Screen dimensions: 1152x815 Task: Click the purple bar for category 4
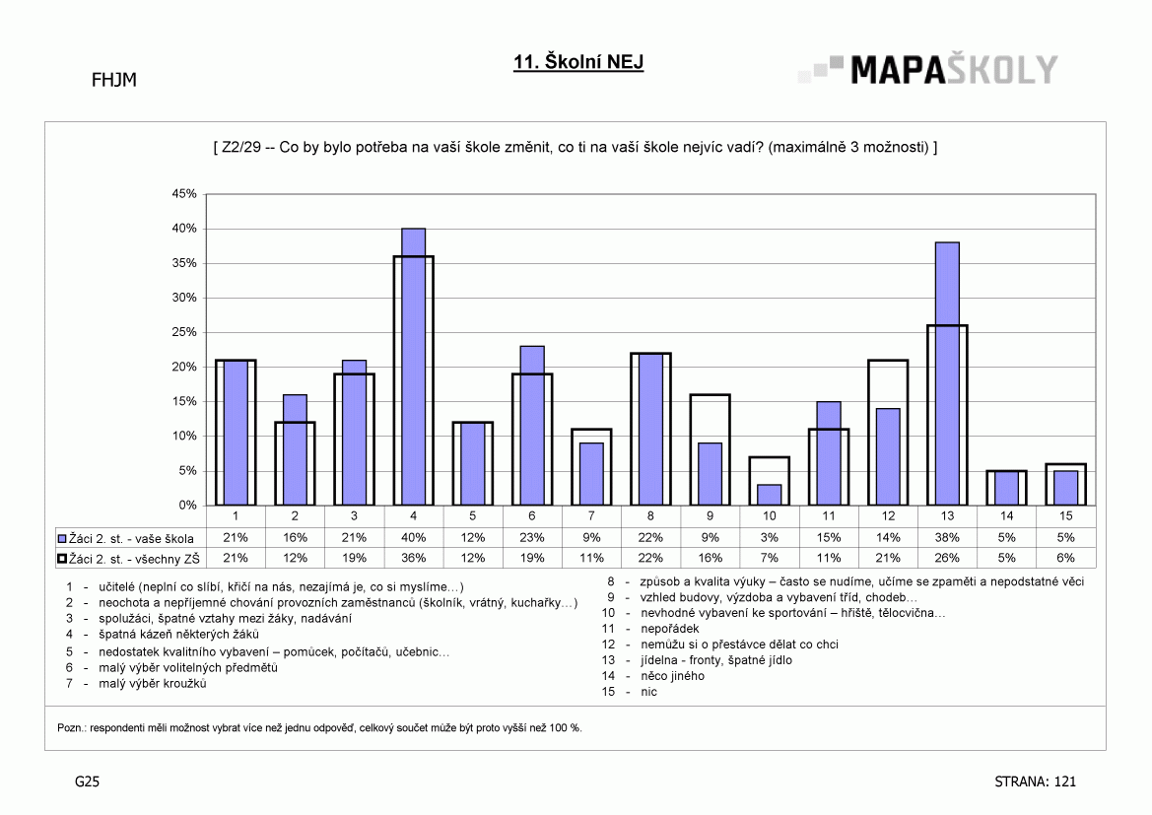point(414,367)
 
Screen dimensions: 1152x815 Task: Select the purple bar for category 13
point(947,374)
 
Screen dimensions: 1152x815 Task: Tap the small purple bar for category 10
point(770,496)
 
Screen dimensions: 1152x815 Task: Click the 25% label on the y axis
point(183,332)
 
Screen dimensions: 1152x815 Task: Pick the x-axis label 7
point(591,515)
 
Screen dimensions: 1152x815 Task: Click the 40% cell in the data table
point(414,538)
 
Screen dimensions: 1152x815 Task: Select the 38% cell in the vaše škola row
point(947,538)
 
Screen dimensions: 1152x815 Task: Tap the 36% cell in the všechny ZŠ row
point(414,559)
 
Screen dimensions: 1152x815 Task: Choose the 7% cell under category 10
point(770,559)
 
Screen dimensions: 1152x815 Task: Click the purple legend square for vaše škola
point(62,539)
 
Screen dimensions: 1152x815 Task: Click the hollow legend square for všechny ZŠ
point(62,559)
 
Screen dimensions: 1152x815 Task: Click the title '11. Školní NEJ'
point(578,62)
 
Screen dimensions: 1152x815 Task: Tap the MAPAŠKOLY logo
point(928,70)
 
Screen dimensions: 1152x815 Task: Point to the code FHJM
point(114,80)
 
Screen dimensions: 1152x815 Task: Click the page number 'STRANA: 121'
point(1035,781)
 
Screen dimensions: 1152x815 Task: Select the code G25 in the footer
point(87,781)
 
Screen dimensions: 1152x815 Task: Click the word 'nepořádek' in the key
point(669,629)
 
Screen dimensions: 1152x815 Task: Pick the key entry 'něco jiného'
point(672,676)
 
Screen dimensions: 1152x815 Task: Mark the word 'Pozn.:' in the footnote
point(72,728)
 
